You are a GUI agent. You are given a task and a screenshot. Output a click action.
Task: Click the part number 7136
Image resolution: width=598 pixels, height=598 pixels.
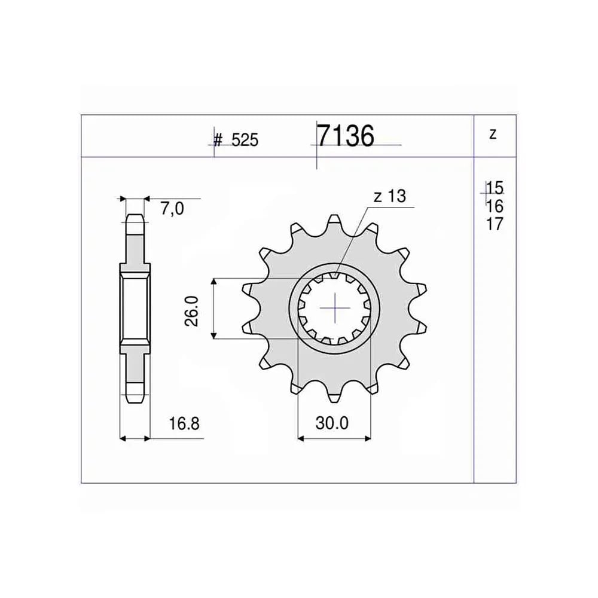(x=346, y=136)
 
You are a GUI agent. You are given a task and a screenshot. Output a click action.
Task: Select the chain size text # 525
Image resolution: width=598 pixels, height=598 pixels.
(x=236, y=140)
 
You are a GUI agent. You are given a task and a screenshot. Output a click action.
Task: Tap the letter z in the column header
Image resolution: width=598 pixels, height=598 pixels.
(x=493, y=134)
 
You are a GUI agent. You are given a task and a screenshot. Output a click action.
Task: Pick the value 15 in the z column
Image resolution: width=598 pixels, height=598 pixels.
(x=495, y=188)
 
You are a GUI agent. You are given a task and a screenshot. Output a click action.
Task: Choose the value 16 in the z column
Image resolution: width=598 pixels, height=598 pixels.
(x=495, y=206)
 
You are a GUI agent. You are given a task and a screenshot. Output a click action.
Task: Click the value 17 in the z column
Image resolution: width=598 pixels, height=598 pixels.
(x=495, y=224)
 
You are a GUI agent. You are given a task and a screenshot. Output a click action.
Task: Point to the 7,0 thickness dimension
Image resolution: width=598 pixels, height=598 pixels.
(x=172, y=209)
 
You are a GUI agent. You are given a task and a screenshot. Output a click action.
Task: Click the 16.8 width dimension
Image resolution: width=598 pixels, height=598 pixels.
(x=184, y=424)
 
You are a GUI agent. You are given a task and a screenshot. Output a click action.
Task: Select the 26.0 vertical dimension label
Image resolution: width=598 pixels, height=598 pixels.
(x=192, y=310)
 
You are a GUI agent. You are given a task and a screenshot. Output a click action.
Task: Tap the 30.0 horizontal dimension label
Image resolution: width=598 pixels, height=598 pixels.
(x=332, y=423)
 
